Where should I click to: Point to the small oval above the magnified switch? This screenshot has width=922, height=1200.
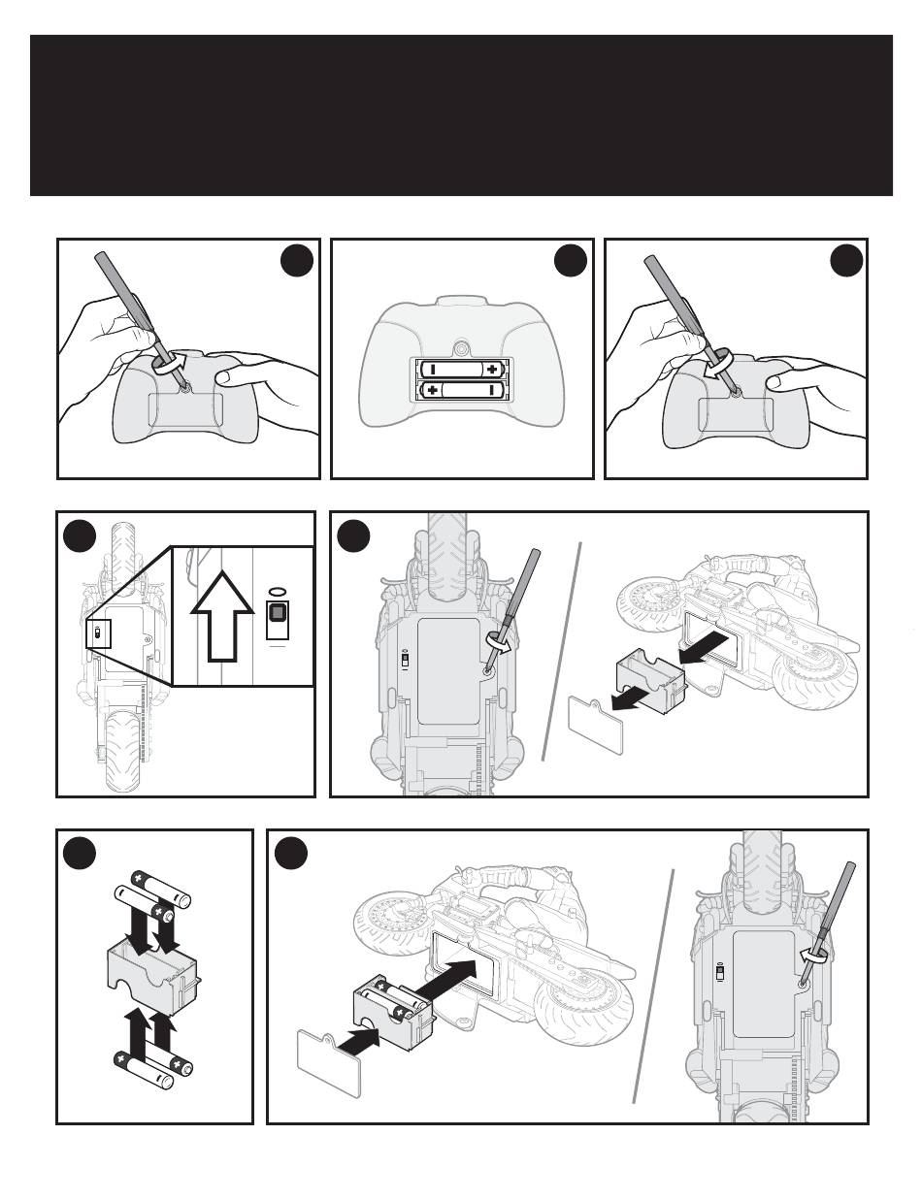tap(278, 590)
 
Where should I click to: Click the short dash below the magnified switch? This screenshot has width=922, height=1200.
tap(278, 641)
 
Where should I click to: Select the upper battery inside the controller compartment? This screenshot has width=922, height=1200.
tap(462, 369)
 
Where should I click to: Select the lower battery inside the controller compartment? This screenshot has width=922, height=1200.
tap(462, 390)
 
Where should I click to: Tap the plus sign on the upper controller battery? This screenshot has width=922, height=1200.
tap(494, 369)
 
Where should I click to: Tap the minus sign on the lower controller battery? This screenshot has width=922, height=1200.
tap(494, 390)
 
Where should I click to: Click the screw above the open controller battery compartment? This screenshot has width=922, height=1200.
tap(463, 345)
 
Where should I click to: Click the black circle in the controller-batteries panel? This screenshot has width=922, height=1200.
tap(571, 262)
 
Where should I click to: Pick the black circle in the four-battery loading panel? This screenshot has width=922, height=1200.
tap(81, 853)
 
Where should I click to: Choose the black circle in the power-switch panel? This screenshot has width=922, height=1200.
tap(81, 535)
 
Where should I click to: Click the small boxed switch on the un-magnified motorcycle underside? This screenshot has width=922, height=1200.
tap(98, 634)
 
